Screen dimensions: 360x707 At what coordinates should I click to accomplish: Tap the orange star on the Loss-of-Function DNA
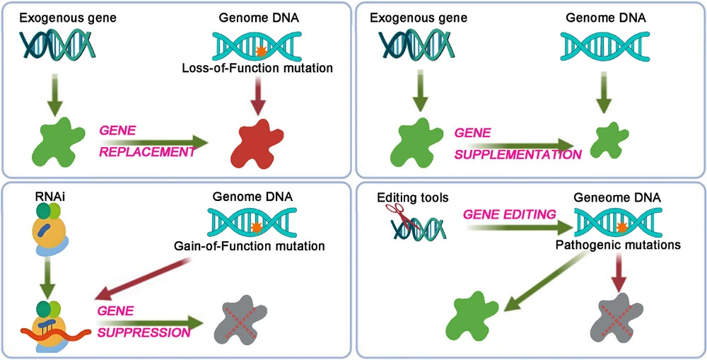pos(261,51)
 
